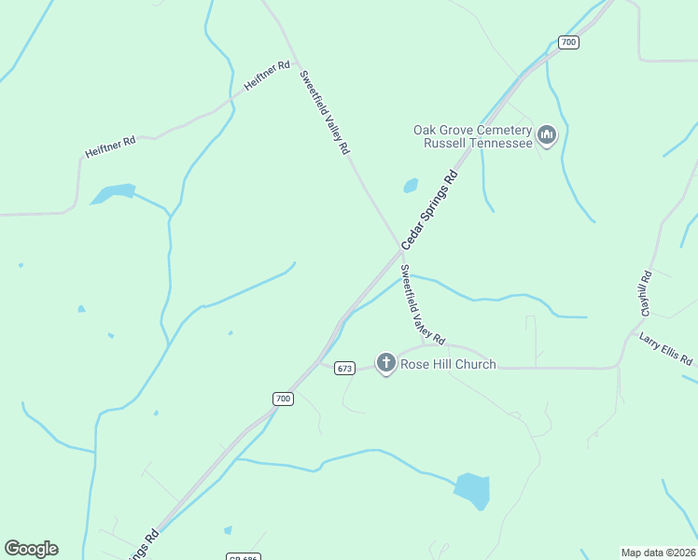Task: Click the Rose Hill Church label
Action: coord(448,364)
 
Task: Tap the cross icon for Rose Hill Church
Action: coord(385,362)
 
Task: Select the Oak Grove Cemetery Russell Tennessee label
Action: coord(472,136)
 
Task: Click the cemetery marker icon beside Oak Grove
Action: coord(547,136)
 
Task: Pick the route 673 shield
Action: coord(344,369)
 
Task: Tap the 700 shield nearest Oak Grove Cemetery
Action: coord(568,42)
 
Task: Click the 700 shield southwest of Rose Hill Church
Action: coord(284,399)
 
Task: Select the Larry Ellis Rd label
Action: coord(666,348)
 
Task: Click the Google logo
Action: coord(31,549)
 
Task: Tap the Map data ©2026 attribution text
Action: coord(657,553)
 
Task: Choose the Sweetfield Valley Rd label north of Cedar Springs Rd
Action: coord(325,112)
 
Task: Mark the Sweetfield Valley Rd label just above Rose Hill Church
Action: coord(422,303)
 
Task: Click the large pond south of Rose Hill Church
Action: coord(472,490)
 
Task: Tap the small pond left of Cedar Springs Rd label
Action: coord(411,186)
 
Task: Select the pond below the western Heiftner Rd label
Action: coord(113,193)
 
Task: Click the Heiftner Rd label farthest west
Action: coord(110,147)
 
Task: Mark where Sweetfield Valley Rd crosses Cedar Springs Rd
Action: coord(399,249)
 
